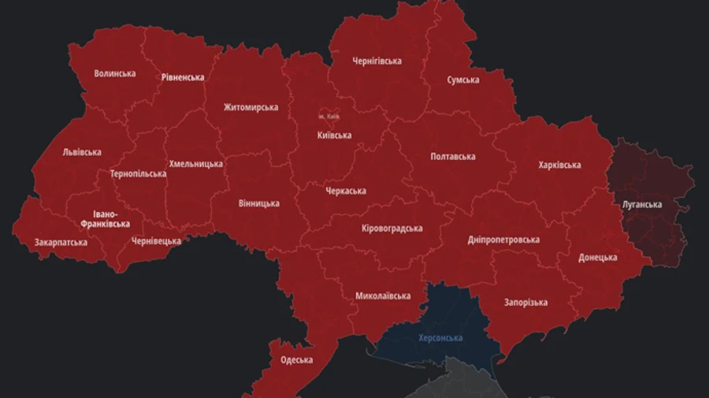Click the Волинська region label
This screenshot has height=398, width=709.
click(114, 73)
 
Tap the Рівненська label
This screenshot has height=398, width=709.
click(182, 77)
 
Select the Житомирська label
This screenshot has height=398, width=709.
click(251, 107)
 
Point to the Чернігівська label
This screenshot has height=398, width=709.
click(377, 61)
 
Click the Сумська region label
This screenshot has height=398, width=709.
click(463, 80)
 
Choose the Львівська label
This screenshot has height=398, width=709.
click(82, 152)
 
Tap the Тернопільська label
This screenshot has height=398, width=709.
click(138, 173)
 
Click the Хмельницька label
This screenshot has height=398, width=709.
click(195, 164)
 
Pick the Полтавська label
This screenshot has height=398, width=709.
click(452, 156)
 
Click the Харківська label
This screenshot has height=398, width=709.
click(559, 165)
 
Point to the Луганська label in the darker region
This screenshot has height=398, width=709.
click(642, 204)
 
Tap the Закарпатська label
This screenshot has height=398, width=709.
click(61, 242)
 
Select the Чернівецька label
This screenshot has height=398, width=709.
click(156, 240)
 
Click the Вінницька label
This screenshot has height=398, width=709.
click(258, 203)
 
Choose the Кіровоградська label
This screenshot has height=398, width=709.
click(392, 229)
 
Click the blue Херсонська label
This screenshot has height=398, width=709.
click(440, 338)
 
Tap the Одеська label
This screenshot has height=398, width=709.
click(296, 359)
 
